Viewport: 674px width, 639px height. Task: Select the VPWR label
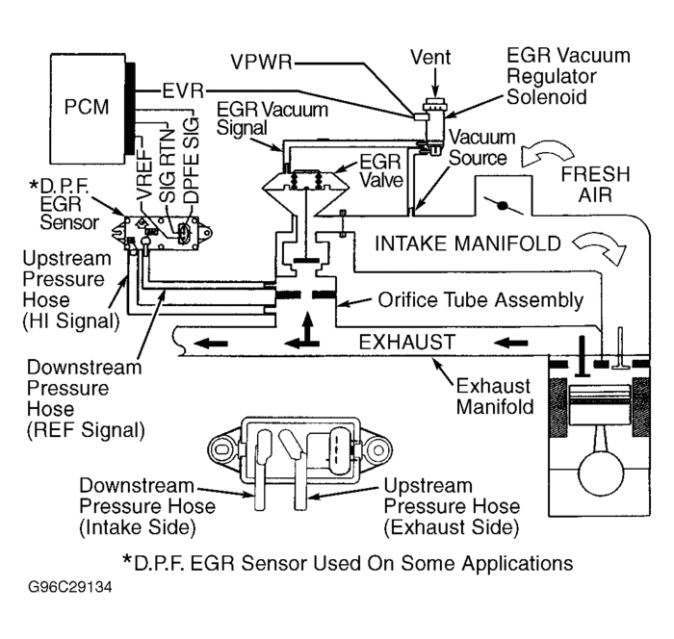[x=262, y=64]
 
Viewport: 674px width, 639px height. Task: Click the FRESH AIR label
[x=596, y=185]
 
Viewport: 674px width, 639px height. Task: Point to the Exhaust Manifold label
[x=494, y=395]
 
